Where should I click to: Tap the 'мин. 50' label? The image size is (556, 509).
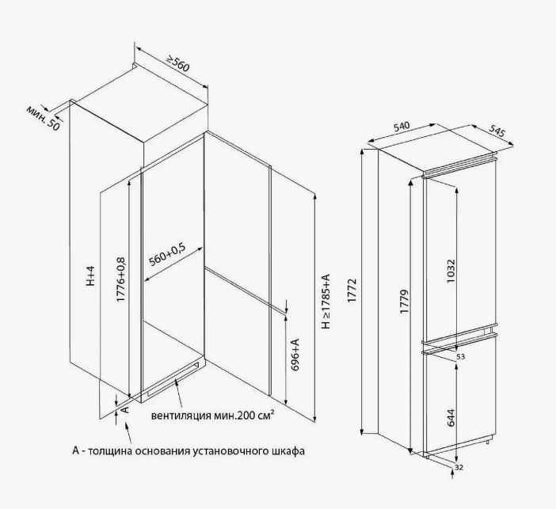pyautogui.click(x=44, y=118)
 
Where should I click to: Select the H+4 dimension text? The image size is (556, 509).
pyautogui.click(x=91, y=275)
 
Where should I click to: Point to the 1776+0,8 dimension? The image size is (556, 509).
pyautogui.click(x=121, y=279)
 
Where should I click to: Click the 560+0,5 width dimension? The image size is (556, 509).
pyautogui.click(x=167, y=255)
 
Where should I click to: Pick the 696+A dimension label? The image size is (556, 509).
pyautogui.click(x=295, y=355)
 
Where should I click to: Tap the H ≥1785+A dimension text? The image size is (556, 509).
pyautogui.click(x=326, y=302)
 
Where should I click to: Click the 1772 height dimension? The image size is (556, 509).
pyautogui.click(x=352, y=291)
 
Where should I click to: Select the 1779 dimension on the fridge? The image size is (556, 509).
pyautogui.click(x=404, y=302)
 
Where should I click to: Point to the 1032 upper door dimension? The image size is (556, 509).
pyautogui.click(x=451, y=272)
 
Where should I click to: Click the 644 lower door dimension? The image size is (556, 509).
pyautogui.click(x=451, y=417)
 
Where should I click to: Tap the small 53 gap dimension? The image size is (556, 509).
pyautogui.click(x=460, y=356)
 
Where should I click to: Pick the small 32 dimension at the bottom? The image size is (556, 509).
pyautogui.click(x=459, y=468)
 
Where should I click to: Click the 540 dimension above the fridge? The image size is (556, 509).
pyautogui.click(x=401, y=127)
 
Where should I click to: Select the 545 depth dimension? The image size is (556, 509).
pyautogui.click(x=497, y=131)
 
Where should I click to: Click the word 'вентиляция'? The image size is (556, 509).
pyautogui.click(x=181, y=416)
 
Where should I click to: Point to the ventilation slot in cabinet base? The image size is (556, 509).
pyautogui.click(x=173, y=378)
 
